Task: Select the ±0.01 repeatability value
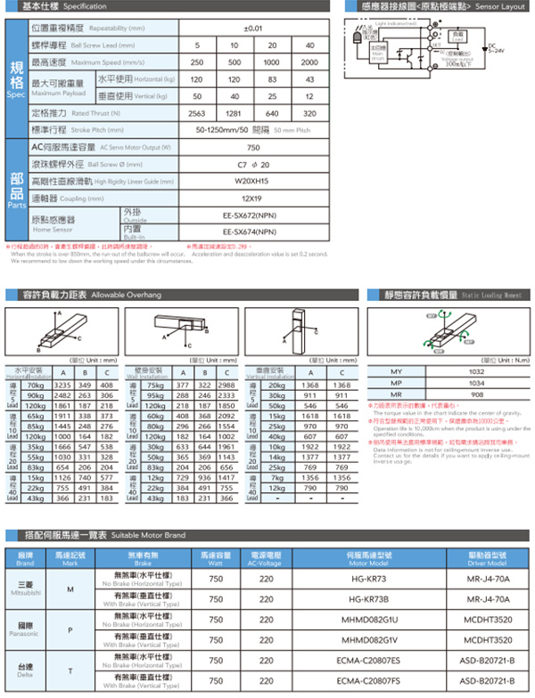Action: (x=253, y=28)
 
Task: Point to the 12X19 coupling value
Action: (x=253, y=198)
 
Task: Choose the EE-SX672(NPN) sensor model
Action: (x=253, y=215)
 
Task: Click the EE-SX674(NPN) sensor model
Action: (x=253, y=231)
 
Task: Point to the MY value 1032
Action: (x=477, y=371)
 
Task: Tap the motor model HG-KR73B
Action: (x=369, y=599)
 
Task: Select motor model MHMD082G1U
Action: (x=369, y=620)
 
